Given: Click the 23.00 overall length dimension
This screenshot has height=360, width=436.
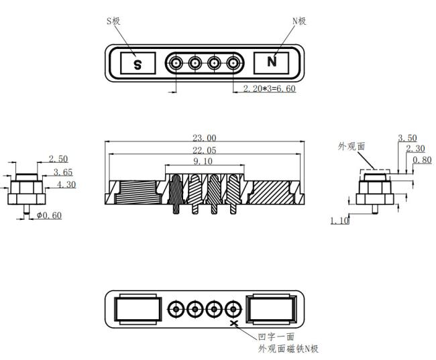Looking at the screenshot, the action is point(205,138).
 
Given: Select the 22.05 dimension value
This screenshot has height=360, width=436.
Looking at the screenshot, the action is point(205,150).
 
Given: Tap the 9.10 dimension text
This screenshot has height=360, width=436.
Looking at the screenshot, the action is point(203,162).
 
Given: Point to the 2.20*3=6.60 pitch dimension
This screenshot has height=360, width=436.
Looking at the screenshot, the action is point(269,88).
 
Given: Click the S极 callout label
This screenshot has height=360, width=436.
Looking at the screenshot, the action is point(113,21).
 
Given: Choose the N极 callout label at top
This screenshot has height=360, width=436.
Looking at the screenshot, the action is point(299,21).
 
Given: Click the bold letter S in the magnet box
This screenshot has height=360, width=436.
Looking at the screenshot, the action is point(138,65).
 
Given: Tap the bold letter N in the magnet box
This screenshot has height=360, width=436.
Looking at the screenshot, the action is point(272,62).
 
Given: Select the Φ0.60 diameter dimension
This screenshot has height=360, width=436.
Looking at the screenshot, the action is point(49,215).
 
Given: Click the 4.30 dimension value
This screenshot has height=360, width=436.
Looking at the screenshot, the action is point(66,184).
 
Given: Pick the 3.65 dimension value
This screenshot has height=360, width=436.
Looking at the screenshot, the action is point(63,172).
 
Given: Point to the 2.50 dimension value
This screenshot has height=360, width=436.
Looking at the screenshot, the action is point(58,159).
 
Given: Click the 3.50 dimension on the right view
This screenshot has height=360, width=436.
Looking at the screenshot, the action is point(407,138).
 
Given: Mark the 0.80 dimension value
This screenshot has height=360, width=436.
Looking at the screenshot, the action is point(422,160).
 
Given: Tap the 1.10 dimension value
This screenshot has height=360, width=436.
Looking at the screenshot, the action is point(339,221).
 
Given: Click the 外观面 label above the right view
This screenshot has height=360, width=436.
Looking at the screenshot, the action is point(351,146).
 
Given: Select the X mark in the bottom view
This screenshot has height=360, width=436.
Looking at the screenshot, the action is point(234,323).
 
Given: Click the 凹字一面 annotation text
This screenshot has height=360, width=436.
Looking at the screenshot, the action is point(276,337).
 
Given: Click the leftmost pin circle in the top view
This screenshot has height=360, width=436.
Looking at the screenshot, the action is point(176,63).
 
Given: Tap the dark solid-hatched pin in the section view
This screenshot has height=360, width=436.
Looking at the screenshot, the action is point(176,194).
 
